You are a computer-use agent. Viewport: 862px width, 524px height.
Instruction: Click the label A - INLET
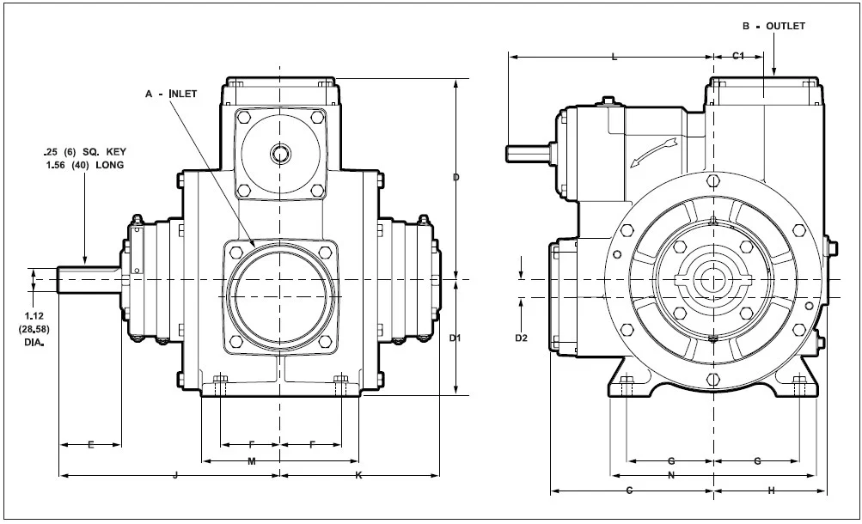click(171, 93)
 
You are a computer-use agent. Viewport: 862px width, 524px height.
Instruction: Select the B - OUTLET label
click(773, 26)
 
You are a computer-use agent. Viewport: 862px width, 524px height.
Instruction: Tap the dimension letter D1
click(456, 338)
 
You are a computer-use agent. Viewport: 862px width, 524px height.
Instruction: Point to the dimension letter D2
click(521, 338)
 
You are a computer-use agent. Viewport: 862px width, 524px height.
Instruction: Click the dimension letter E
click(90, 444)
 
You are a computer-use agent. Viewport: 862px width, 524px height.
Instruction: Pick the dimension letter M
click(252, 462)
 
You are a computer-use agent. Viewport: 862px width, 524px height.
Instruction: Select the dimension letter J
click(175, 474)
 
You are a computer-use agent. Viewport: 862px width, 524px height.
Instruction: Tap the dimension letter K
click(358, 474)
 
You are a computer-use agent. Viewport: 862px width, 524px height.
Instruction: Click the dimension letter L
click(613, 58)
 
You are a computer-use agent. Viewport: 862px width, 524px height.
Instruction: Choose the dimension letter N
click(670, 474)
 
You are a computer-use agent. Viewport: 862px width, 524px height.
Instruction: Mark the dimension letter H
click(771, 490)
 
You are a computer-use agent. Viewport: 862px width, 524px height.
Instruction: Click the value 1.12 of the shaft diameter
click(34, 318)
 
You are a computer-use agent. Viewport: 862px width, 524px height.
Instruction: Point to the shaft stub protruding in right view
click(527, 151)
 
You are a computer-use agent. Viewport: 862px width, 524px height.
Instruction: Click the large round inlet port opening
click(279, 296)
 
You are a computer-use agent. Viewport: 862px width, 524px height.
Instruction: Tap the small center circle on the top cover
click(280, 154)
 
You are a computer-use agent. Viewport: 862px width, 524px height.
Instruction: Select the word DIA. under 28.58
click(34, 342)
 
